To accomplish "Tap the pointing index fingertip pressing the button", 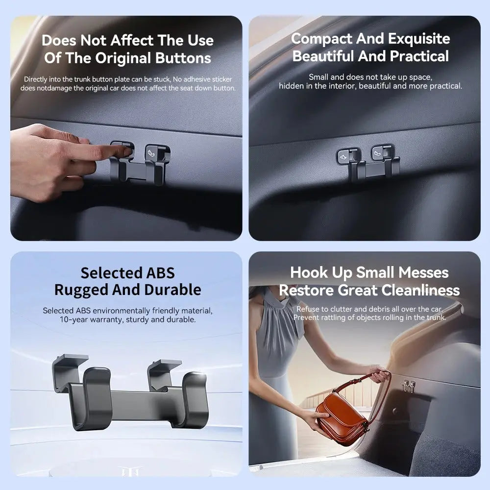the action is pyautogui.click(x=126, y=152).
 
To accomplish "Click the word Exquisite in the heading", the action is pyautogui.click(x=419, y=39).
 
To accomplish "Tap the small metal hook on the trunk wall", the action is pyautogui.click(x=409, y=386).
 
